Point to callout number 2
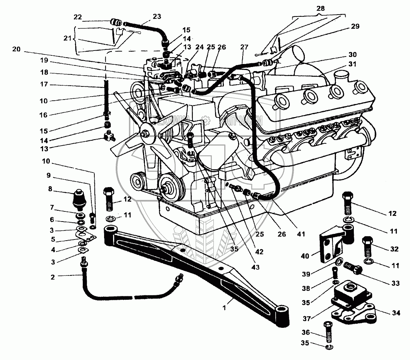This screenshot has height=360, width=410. pyautogui.click(x=53, y=277)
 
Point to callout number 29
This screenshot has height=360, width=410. pyautogui.click(x=355, y=26)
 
